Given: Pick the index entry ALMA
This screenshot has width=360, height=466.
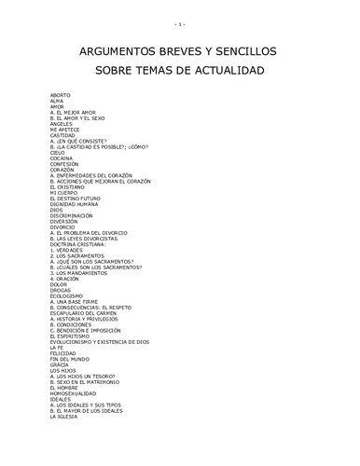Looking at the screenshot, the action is click(57, 101).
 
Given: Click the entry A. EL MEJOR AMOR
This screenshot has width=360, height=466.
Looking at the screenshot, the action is click(73, 113).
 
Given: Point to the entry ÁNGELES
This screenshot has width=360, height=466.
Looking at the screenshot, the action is click(62, 124).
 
